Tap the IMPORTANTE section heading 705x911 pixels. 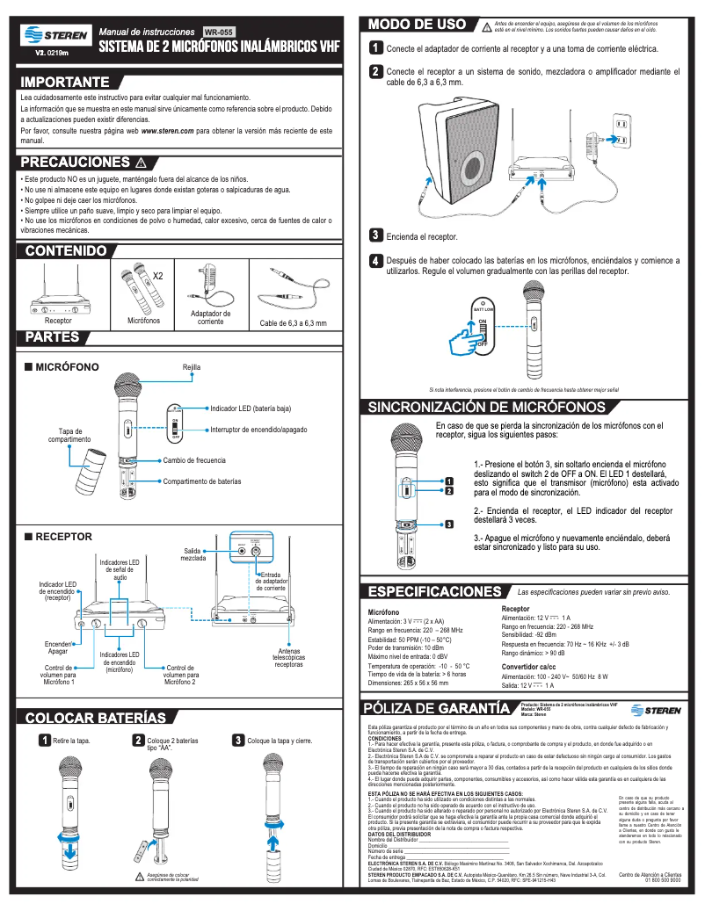pyautogui.click(x=65, y=82)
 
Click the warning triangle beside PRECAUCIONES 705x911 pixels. pyautogui.click(x=141, y=163)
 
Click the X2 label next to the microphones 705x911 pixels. pyautogui.click(x=158, y=276)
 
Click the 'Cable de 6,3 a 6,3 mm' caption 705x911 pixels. pyautogui.click(x=294, y=323)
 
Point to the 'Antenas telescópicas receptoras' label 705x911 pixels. pyautogui.click(x=289, y=658)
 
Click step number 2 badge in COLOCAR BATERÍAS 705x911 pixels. pyautogui.click(x=138, y=741)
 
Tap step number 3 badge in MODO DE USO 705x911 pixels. pyautogui.click(x=375, y=235)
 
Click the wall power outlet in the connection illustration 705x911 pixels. pyautogui.click(x=621, y=129)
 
